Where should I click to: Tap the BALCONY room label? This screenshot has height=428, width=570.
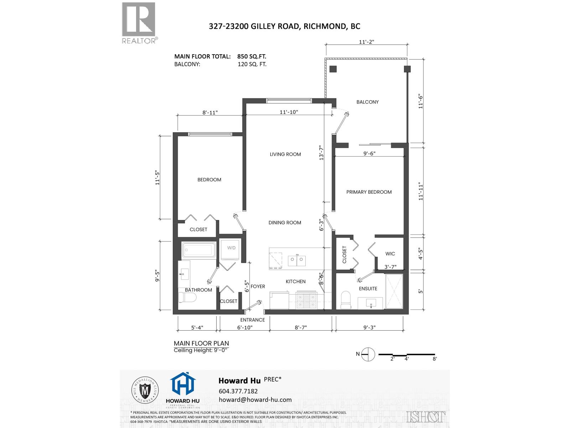click(367, 102)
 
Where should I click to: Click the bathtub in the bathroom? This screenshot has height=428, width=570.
click(199, 250)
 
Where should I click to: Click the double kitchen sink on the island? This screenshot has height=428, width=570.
click(297, 261)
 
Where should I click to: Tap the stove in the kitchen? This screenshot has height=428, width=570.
click(306, 300)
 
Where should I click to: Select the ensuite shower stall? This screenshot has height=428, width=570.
click(394, 291)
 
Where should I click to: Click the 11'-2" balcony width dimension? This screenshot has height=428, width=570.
click(366, 42)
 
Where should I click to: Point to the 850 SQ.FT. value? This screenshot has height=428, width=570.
click(252, 56)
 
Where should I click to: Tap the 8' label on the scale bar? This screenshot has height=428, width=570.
click(435, 359)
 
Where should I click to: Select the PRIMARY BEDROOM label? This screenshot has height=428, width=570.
click(369, 192)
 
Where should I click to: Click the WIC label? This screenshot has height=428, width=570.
click(390, 254)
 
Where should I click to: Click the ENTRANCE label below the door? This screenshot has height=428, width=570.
click(252, 320)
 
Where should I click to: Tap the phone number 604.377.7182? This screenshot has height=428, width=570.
click(238, 391)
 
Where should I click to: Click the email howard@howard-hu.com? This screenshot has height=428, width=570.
click(255, 400)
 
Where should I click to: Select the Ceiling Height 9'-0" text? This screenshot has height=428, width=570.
click(201, 350)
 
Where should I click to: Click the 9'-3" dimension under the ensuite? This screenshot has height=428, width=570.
click(369, 327)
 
